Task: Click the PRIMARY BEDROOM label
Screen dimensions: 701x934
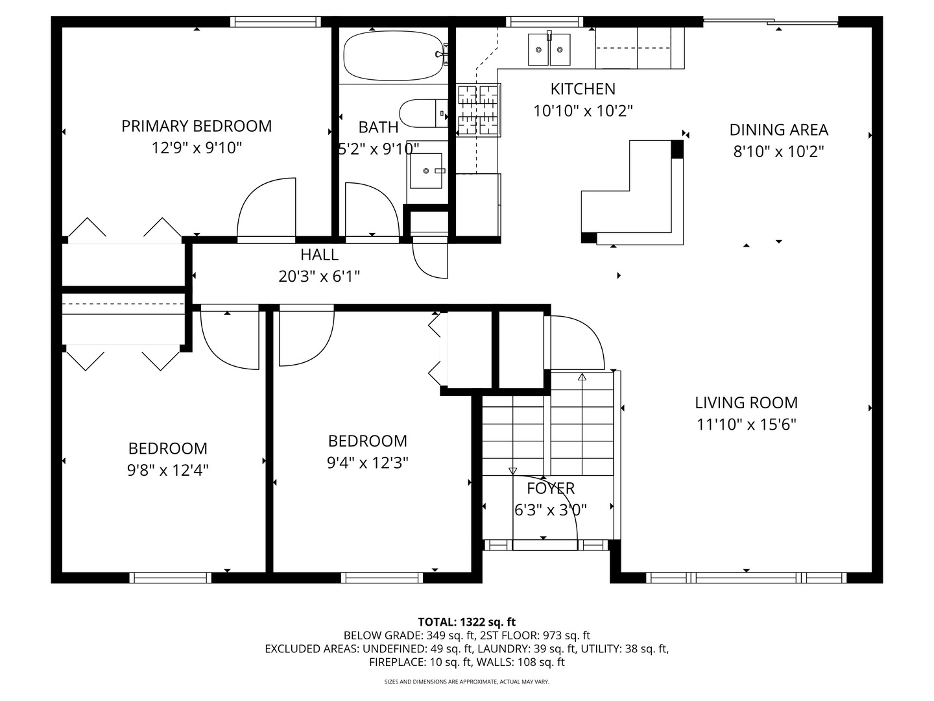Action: pos(197,126)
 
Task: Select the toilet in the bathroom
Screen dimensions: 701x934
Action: pos(422,114)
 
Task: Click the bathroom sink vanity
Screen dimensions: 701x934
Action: pos(427,171)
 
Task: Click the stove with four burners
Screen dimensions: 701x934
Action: pos(479,110)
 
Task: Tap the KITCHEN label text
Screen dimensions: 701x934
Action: pos(582,89)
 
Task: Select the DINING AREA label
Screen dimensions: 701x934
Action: pos(778,130)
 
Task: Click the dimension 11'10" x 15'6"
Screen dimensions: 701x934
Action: pos(746,424)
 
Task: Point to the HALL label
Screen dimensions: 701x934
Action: pos(319,254)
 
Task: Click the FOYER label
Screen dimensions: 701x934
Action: pos(550,488)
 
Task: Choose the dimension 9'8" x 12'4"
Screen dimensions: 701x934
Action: pos(168,470)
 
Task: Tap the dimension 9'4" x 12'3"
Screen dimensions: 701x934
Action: pos(367,463)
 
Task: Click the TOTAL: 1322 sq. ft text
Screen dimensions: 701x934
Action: pos(466,622)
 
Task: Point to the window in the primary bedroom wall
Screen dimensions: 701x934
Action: pos(276,21)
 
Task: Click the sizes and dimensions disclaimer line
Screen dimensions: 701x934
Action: pos(466,682)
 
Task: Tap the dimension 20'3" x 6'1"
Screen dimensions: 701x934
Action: pos(319,277)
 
